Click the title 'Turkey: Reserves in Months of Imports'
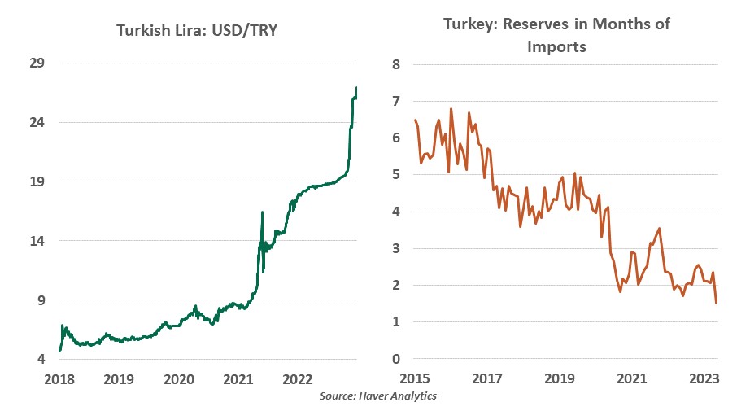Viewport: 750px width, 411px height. point(556,35)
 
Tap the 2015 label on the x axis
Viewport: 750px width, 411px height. point(415,378)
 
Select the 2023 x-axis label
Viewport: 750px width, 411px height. point(703,378)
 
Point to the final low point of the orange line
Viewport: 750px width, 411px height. point(716,303)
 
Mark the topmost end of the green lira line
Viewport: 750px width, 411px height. point(356,88)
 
